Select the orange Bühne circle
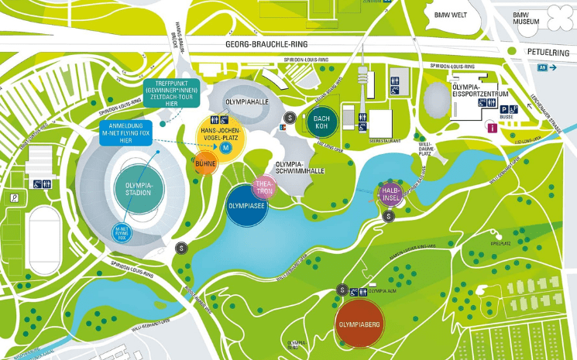205,164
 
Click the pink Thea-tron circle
264,187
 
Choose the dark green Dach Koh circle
321,123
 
